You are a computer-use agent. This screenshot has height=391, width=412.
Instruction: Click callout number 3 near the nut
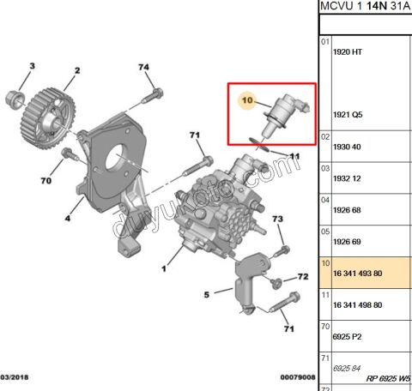[32, 66]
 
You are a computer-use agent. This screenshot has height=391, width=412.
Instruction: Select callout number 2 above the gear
[76, 70]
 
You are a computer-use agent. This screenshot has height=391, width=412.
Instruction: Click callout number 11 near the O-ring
[294, 156]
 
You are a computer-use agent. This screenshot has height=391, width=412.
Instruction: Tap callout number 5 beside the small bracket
[206, 296]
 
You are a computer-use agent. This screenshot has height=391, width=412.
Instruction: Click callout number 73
[277, 220]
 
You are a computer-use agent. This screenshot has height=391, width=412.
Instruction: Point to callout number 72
[302, 277]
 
